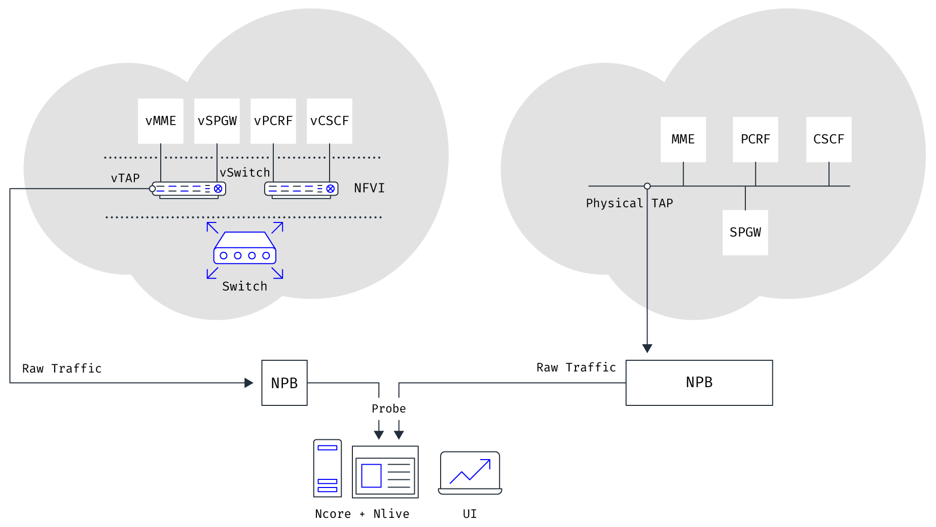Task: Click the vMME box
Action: pos(161,121)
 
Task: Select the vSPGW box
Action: pos(217,121)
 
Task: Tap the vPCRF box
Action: pos(273,121)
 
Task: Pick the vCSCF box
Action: pos(330,121)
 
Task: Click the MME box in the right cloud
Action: pos(683,139)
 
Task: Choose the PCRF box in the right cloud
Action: pos(755,139)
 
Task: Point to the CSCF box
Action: pos(829,139)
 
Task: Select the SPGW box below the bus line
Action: pos(745,233)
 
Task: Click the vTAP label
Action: pos(125,178)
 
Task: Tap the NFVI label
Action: pos(369,189)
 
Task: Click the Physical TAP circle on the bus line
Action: pos(647,186)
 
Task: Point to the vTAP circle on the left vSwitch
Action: pos(152,189)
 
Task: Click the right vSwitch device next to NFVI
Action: pos(301,190)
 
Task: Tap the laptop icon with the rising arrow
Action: pos(470,473)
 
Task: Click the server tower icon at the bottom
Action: pos(328,468)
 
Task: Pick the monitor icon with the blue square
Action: pos(385,472)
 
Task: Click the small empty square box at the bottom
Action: pos(284,383)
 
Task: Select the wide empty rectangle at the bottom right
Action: pos(699,383)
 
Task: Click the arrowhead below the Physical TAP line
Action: pos(647,349)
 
